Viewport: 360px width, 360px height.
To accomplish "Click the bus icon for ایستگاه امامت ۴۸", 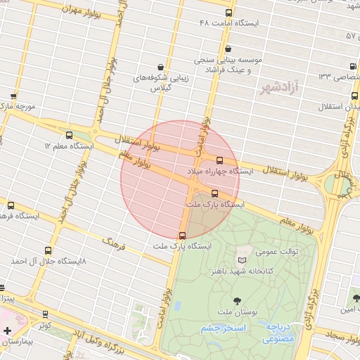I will click(x=228, y=13).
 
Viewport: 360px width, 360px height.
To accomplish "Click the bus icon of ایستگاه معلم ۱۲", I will click(x=69, y=135).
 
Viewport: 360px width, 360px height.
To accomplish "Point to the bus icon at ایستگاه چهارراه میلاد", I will click(x=220, y=160).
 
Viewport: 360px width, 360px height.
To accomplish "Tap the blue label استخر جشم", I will click(x=222, y=329).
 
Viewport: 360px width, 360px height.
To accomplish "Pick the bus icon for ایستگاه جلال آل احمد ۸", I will click(x=48, y=250).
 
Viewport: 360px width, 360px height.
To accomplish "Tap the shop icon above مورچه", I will click(x=13, y=96).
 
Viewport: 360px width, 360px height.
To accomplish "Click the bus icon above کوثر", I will click(x=46, y=315).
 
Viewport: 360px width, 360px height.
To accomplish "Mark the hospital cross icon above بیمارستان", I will click(x=7, y=330).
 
